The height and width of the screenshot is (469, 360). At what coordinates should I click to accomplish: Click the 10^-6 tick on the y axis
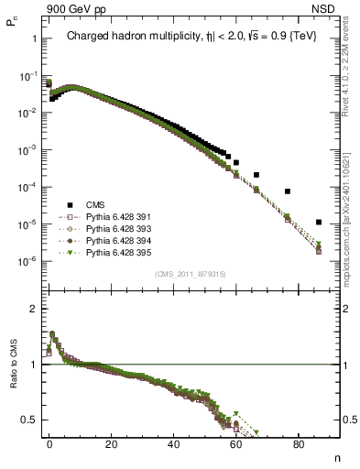29,261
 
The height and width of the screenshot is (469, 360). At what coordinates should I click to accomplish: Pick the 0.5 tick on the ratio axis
27,420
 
